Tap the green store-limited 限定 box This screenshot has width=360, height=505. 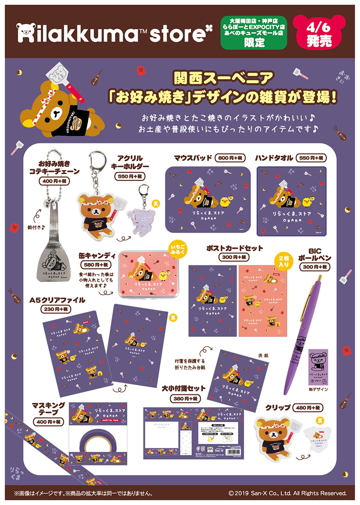click(254, 34)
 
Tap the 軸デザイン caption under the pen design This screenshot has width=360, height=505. click(318, 389)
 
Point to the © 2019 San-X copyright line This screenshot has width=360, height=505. click(288, 493)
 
